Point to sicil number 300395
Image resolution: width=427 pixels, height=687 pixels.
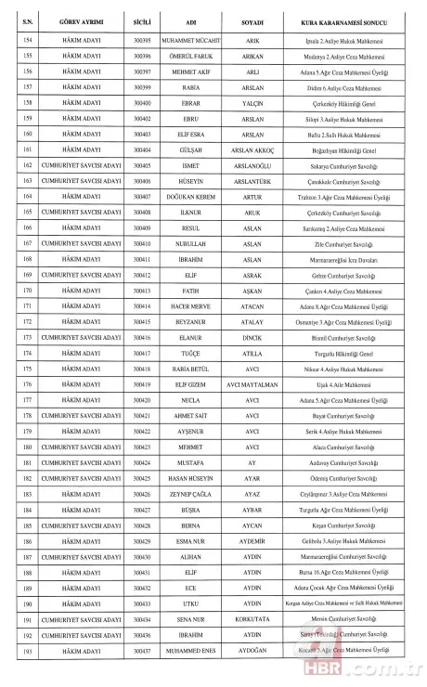point(142,38)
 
